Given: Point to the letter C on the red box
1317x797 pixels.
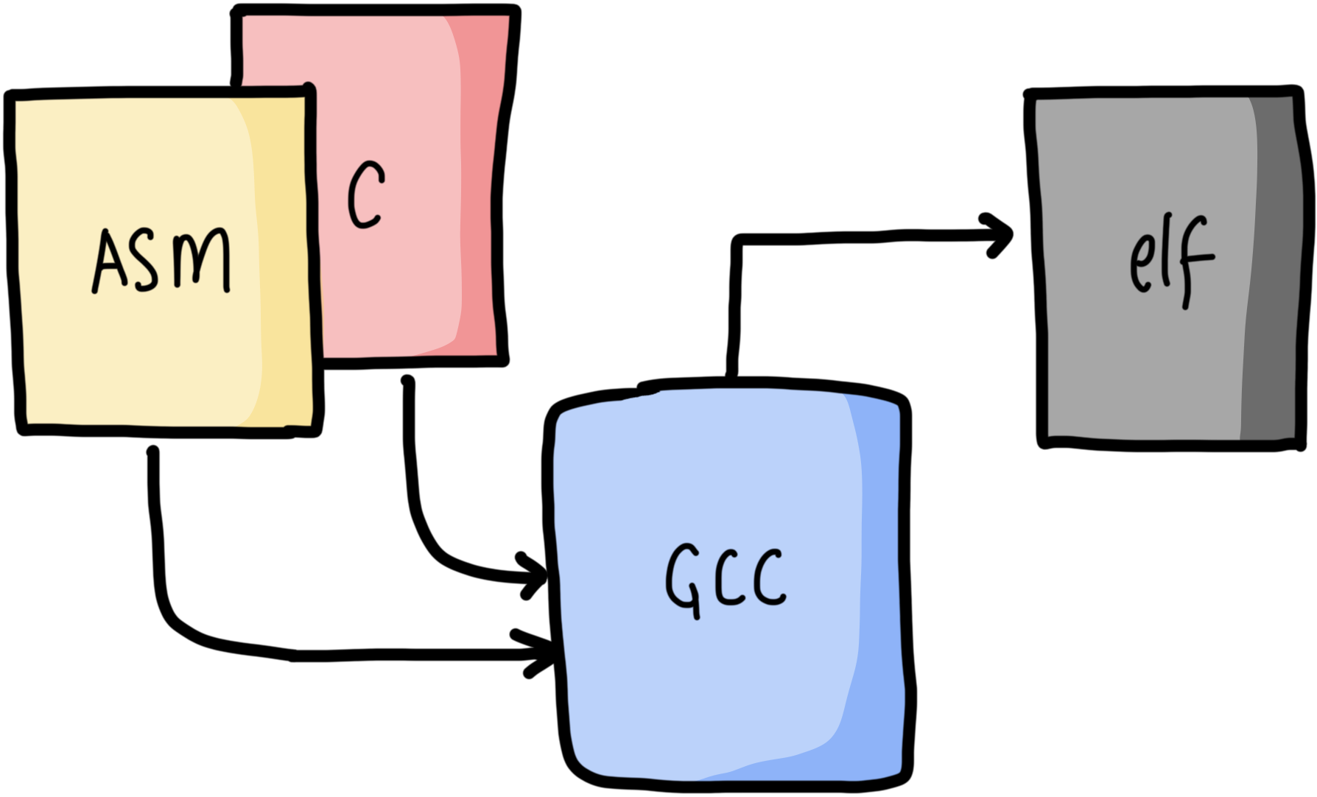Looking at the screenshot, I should pos(365,194).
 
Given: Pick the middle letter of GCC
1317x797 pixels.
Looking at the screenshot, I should pos(728,579).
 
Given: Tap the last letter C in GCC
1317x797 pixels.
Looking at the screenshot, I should pos(769,579).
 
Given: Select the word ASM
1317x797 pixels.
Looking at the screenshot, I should pos(161,260).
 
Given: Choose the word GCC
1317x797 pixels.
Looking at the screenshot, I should pos(726,579).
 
